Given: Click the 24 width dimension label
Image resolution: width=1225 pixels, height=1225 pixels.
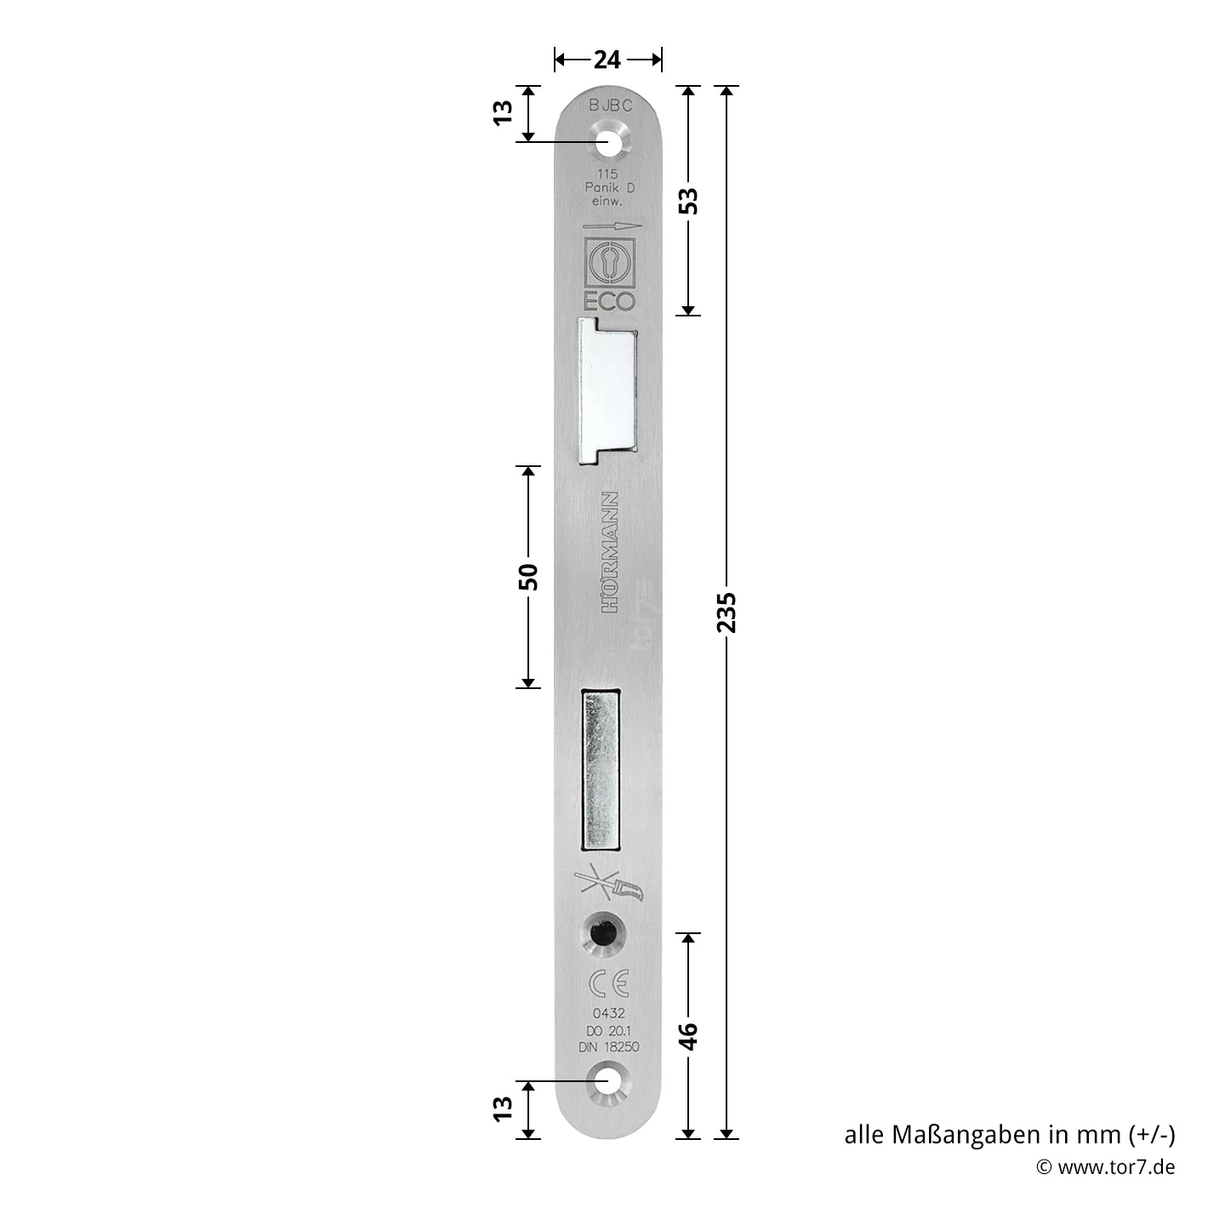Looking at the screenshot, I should coord(607,60).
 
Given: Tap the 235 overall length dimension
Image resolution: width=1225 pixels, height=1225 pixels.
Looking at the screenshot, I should coord(726,612).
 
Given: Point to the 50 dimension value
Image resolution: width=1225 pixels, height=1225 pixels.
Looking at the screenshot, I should coord(528,577).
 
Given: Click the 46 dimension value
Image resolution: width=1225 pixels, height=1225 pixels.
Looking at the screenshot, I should coord(689,1035).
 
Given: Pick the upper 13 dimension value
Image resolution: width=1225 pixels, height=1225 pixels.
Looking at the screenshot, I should coord(504,112).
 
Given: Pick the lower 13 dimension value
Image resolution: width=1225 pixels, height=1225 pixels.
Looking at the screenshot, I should coord(504,1108).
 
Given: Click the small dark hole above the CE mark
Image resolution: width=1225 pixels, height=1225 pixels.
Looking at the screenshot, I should coord(601,933).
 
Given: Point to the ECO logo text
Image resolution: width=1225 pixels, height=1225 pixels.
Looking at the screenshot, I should coord(609,300).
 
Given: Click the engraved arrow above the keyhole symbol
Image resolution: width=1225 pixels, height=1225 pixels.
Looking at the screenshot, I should coord(611,227).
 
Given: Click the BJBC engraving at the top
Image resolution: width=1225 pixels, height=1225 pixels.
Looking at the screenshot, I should coord(611,106).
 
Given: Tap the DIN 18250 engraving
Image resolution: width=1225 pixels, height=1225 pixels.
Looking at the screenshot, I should coord(609,1048).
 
